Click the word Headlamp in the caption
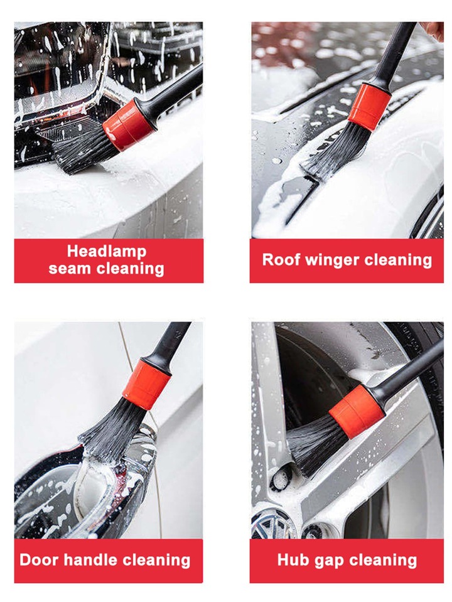[106, 252]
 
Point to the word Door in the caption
[39, 560]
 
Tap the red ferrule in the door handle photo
[146, 384]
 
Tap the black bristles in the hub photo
[313, 444]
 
